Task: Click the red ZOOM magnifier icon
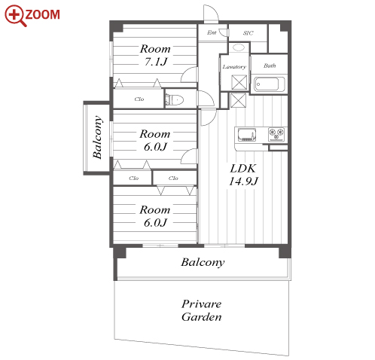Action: pyautogui.click(x=14, y=15)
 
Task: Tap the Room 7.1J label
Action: pyautogui.click(x=155, y=55)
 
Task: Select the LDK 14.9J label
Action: pyautogui.click(x=243, y=175)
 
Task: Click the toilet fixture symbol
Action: pyautogui.click(x=175, y=100)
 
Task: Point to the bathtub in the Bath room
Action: pyautogui.click(x=269, y=84)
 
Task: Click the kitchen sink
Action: pyautogui.click(x=247, y=135)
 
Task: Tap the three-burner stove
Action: pyautogui.click(x=276, y=134)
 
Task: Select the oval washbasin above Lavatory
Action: pyautogui.click(x=238, y=47)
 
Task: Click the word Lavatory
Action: pyautogui.click(x=234, y=67)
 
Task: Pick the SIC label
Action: pyautogui.click(x=248, y=33)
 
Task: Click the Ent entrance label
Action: pyautogui.click(x=212, y=32)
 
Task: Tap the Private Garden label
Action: pyautogui.click(x=202, y=310)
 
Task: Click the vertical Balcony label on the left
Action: pyautogui.click(x=97, y=137)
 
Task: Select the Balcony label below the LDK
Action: pyautogui.click(x=203, y=263)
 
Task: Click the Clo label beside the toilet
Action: pyautogui.click(x=139, y=99)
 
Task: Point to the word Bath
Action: pyautogui.click(x=270, y=66)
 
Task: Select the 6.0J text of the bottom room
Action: pyautogui.click(x=155, y=223)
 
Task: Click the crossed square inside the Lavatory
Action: pyautogui.click(x=239, y=82)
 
